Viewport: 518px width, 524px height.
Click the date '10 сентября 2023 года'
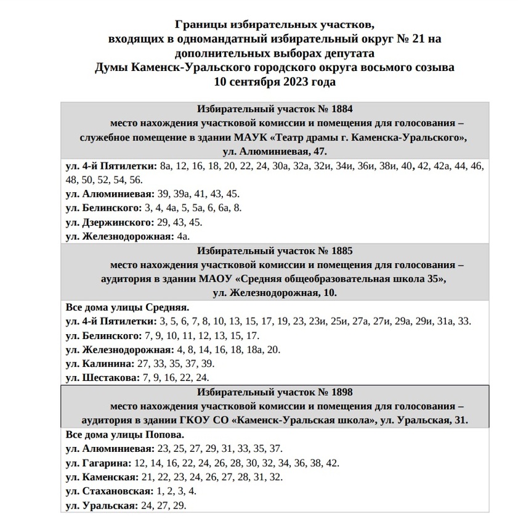point(275,81)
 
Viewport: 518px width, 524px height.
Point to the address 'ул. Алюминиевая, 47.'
point(275,150)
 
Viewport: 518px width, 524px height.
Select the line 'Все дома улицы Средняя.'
point(127,307)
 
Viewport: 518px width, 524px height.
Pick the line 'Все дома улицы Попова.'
point(125,435)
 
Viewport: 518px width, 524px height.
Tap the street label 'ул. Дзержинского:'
point(108,222)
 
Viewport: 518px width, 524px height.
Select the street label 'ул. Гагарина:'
point(99,463)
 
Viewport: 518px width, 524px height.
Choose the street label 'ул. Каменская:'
point(101,477)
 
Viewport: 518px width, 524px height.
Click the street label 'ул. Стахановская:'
point(109,491)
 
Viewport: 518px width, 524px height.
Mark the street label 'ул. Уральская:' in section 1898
point(101,506)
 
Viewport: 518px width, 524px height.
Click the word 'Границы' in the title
point(198,25)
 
